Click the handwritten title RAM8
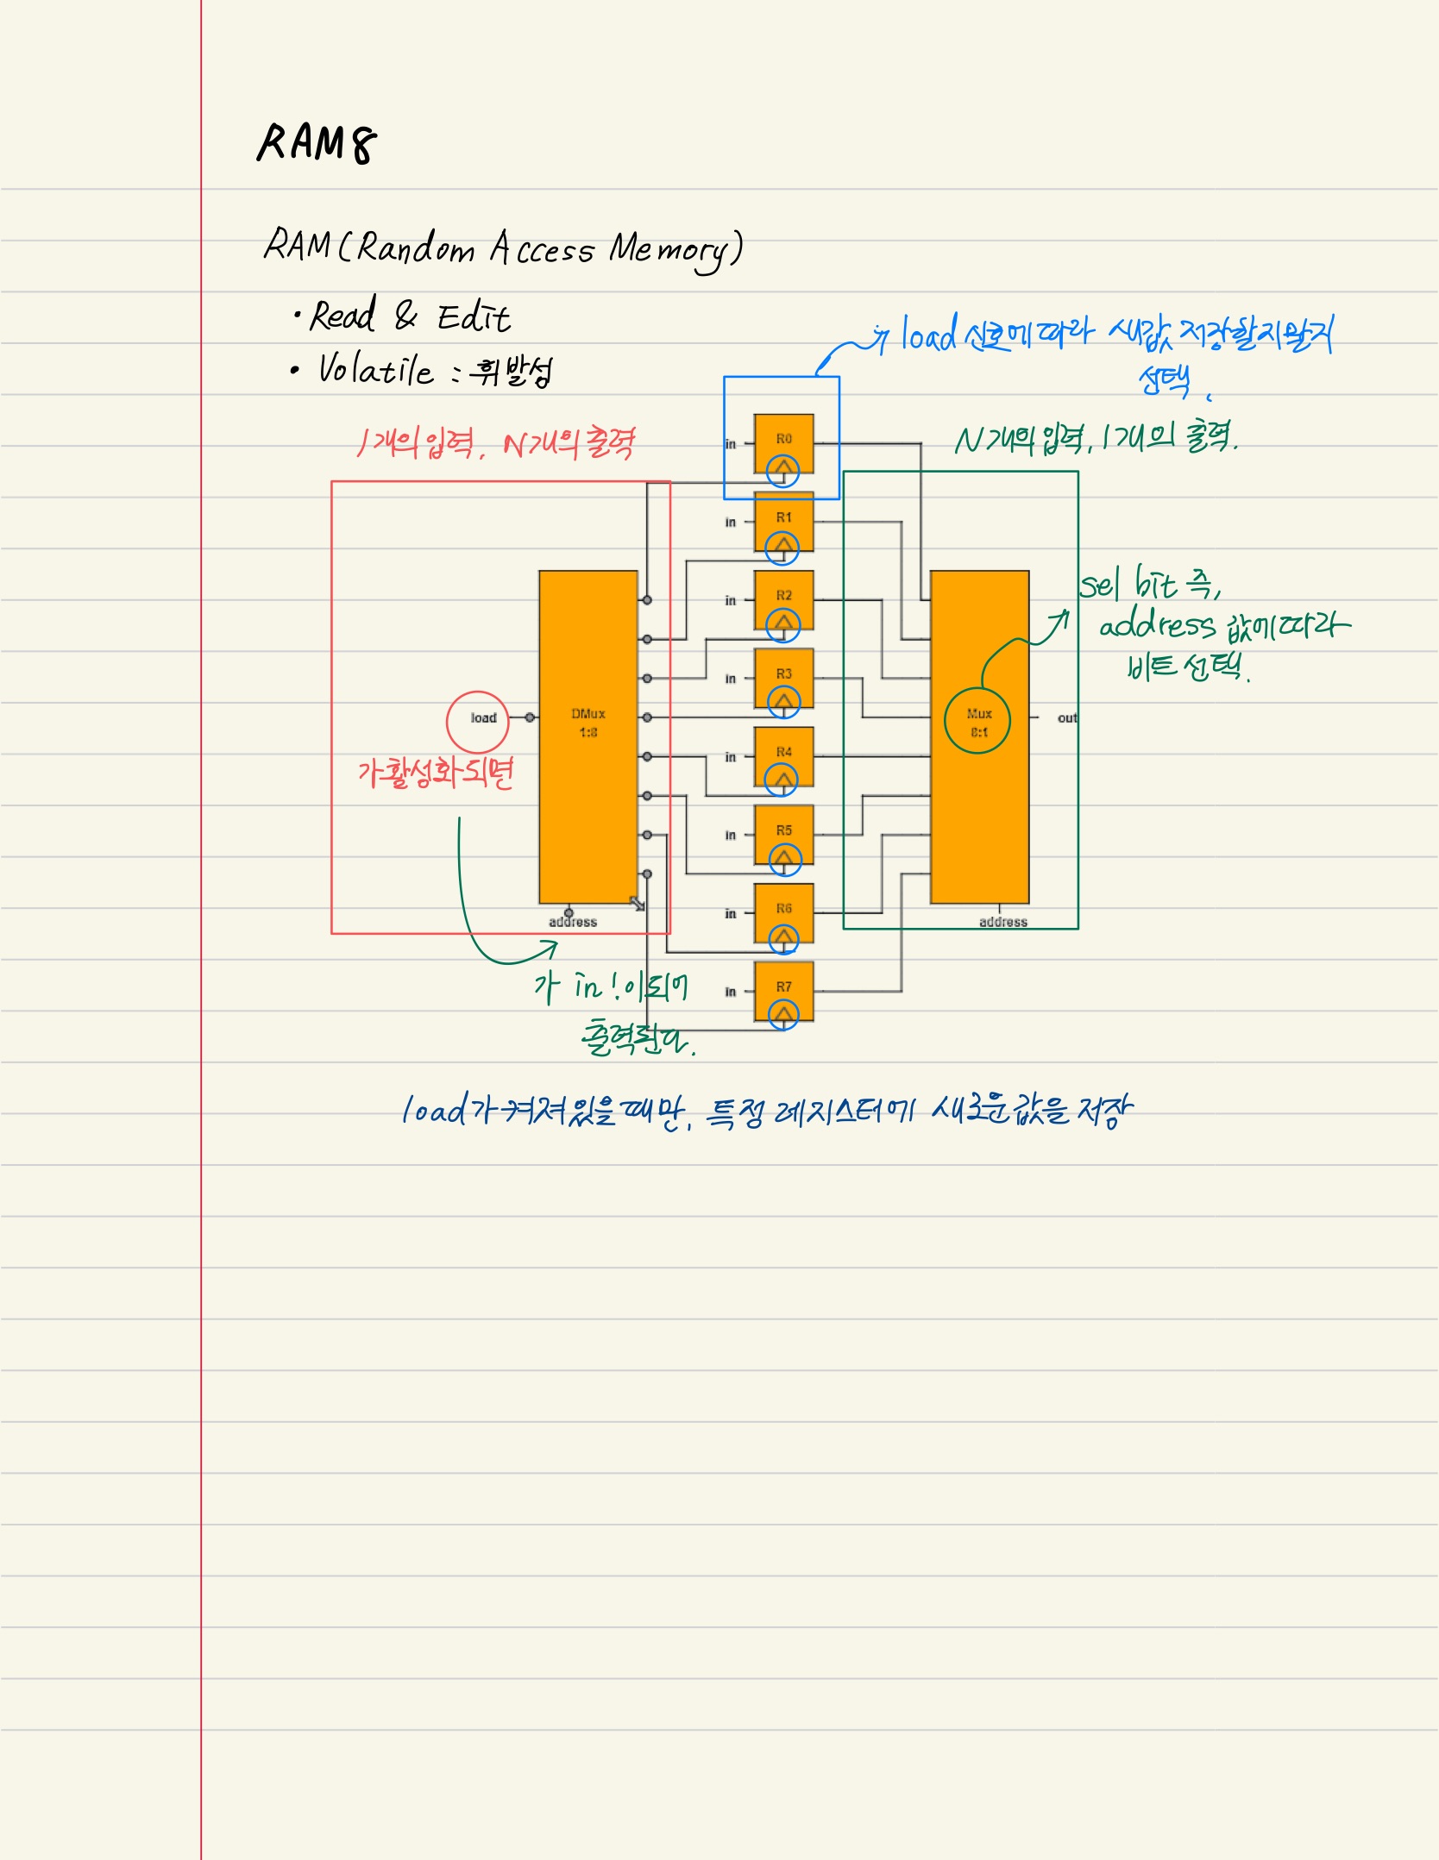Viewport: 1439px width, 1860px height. click(x=317, y=143)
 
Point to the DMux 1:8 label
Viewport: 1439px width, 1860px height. click(x=588, y=723)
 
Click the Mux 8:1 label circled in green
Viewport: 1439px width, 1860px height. click(x=978, y=723)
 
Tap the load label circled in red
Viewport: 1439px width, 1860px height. click(x=483, y=718)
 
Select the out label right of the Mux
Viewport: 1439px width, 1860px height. click(x=1067, y=717)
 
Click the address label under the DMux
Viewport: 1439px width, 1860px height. click(x=573, y=922)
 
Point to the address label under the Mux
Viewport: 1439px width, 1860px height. click(x=1002, y=922)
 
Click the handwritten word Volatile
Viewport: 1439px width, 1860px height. click(x=375, y=370)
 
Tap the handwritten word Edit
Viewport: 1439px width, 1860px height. click(x=474, y=317)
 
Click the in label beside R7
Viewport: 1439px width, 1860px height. click(x=731, y=992)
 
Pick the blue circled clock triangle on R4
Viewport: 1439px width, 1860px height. click(x=782, y=780)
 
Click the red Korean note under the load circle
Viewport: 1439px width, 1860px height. click(x=436, y=772)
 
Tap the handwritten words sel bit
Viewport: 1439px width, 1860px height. click(x=1128, y=584)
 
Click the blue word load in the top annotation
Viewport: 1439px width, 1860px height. click(x=929, y=334)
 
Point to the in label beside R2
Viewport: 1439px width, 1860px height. click(x=731, y=600)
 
